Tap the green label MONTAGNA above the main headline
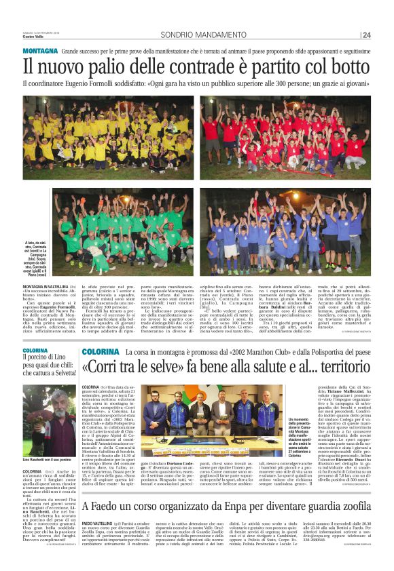point(39,52)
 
